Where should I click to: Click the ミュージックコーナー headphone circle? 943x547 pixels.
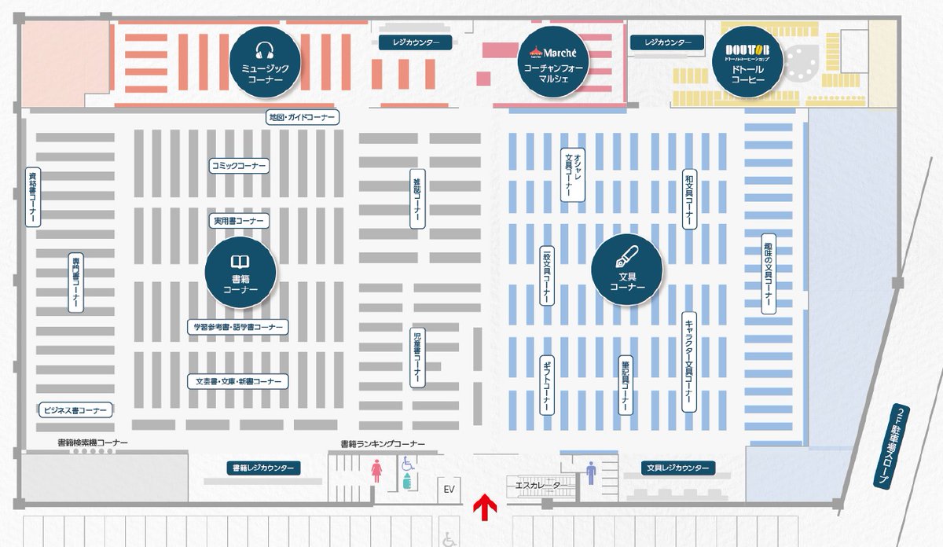265,61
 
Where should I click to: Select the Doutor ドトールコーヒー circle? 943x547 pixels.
748,61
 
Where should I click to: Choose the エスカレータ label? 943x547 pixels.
538,486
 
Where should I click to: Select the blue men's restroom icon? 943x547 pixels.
591,472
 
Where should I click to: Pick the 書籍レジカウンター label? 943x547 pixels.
263,468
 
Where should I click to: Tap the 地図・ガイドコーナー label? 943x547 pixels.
302,118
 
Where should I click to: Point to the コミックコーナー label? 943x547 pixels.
239,166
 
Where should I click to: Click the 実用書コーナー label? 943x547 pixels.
239,222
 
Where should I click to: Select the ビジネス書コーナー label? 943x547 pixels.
75,410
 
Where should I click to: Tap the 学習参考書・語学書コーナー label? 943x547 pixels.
238,326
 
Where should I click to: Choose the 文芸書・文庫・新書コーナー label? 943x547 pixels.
238,381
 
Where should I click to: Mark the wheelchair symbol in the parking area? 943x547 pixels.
449,539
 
